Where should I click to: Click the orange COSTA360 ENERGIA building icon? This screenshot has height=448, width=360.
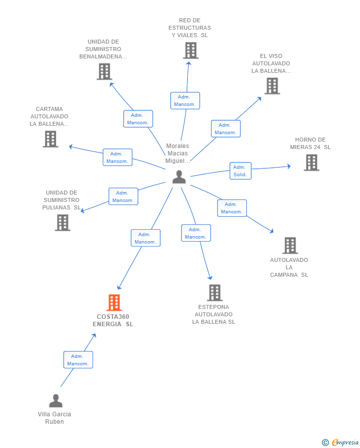click(114, 302)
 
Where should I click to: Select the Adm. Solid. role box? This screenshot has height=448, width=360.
click(240, 171)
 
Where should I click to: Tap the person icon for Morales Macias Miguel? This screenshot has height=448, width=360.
click(179, 177)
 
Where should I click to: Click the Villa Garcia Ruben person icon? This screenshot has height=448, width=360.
click(56, 400)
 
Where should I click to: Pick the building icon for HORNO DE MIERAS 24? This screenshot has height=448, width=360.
click(312, 162)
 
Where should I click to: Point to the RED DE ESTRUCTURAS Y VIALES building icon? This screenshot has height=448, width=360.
click(191, 50)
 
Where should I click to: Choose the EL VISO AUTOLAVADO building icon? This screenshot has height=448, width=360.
click(272, 86)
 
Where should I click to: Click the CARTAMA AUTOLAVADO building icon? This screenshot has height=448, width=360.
click(50, 139)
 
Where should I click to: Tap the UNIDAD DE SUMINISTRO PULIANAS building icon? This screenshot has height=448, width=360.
click(62, 223)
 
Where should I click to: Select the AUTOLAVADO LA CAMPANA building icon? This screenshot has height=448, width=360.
click(290, 246)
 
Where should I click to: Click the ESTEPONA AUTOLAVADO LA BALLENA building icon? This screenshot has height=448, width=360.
click(215, 293)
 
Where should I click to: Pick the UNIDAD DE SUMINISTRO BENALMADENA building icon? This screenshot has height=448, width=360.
click(104, 71)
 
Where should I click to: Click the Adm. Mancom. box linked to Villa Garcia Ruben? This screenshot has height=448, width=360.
click(78, 360)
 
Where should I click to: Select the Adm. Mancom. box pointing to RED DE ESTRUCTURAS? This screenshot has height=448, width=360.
click(185, 100)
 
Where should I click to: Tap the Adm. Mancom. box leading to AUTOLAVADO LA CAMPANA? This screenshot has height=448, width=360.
click(232, 208)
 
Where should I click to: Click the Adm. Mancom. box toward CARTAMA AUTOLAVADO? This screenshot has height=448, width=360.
click(117, 157)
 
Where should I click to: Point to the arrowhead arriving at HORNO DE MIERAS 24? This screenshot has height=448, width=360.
click(289, 166)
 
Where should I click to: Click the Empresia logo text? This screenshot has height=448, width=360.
click(345, 442)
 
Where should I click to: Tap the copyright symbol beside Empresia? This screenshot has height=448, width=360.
click(325, 443)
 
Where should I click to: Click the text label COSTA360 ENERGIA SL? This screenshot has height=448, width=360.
click(113, 320)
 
